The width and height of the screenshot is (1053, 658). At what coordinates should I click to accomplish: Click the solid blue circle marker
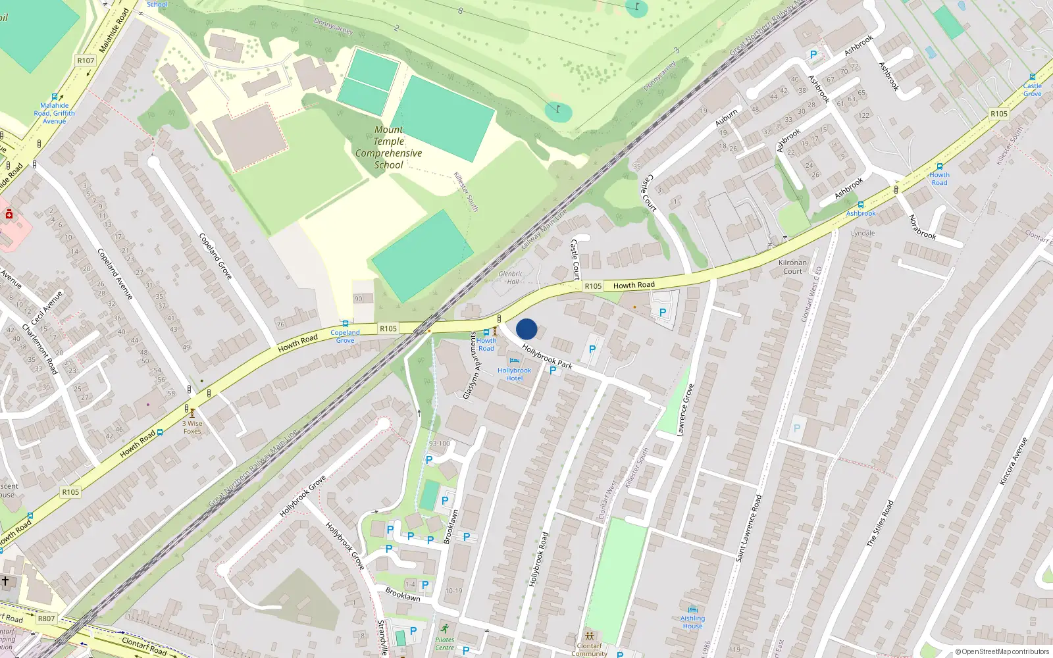tap(526, 329)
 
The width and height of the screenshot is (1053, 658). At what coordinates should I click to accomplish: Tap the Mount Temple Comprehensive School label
tap(389, 147)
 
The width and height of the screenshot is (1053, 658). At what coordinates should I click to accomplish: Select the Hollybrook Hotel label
tap(514, 374)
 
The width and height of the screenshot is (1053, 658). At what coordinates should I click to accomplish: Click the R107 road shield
tap(86, 61)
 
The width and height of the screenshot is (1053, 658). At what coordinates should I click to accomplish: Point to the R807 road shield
tap(47, 619)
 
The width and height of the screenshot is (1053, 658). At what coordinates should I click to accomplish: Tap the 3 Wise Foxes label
tap(192, 427)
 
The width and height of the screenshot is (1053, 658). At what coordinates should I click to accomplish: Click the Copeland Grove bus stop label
tap(345, 336)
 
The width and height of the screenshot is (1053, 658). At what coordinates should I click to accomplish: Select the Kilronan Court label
tap(792, 266)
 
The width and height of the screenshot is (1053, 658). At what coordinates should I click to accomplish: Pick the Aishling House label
tap(692, 622)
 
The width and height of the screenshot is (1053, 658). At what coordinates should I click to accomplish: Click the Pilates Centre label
tap(444, 644)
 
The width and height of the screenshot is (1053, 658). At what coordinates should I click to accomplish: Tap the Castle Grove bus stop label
tap(1032, 89)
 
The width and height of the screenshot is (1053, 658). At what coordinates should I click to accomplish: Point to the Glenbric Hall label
tap(511, 278)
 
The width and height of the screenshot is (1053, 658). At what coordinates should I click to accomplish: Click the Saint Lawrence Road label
tap(748, 528)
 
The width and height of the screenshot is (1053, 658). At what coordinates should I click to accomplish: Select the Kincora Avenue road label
tap(1013, 461)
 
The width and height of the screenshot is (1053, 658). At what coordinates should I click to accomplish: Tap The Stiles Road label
tap(880, 524)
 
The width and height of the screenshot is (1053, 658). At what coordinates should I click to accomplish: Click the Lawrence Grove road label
tap(685, 410)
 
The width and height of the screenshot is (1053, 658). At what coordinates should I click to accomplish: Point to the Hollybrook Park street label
tap(547, 356)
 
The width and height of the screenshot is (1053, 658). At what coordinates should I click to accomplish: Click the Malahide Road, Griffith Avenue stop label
tap(55, 113)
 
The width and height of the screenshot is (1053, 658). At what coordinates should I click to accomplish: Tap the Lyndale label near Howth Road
tap(863, 233)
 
